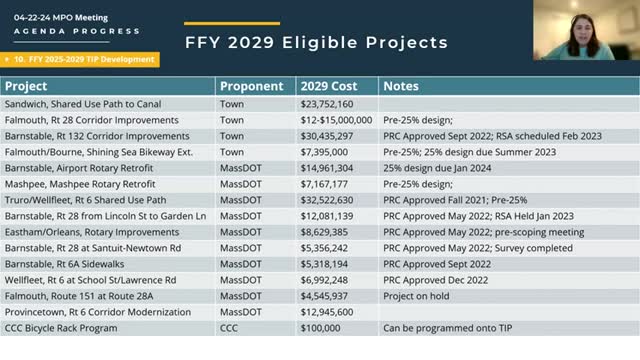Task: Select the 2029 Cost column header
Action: pyautogui.click(x=327, y=86)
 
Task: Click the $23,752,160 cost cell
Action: pyautogui.click(x=326, y=103)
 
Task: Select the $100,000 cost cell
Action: pyautogui.click(x=319, y=327)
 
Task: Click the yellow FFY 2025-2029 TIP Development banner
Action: pyautogui.click(x=80, y=59)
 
